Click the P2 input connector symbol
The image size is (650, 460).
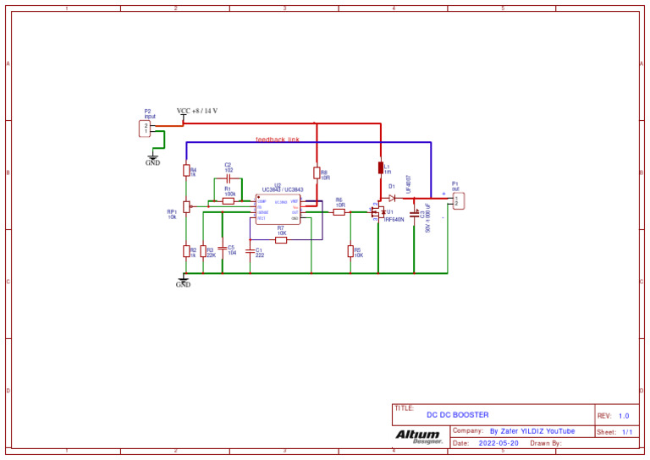point(144,129)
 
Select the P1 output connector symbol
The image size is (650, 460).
point(458,201)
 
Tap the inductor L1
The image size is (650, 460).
point(381,167)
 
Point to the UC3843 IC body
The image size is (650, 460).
point(278,209)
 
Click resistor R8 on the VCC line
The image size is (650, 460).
point(316,173)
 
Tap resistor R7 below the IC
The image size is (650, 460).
point(281,239)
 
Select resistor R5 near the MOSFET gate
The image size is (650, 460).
point(350,250)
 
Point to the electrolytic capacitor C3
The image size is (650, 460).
point(414,215)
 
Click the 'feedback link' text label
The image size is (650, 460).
point(278,140)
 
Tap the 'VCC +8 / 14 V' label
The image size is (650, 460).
point(197,111)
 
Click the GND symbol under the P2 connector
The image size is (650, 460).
point(152,158)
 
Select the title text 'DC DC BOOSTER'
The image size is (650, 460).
point(457,415)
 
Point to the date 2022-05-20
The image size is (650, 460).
point(499,443)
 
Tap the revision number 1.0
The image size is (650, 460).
point(624,416)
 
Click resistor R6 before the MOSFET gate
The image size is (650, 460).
point(339,212)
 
